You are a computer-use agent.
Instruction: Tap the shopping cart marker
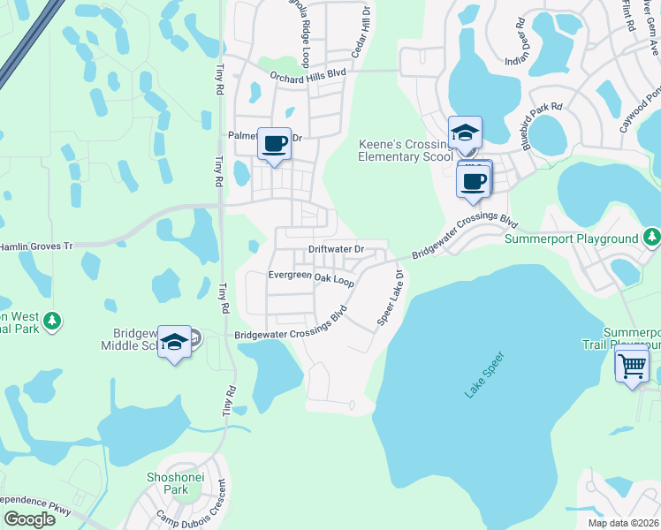632,366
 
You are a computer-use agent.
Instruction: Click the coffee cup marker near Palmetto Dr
274,143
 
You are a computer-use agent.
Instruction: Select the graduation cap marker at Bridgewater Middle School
175,344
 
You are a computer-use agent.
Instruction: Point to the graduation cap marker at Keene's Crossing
465,133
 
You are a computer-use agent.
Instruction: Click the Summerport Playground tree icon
651,237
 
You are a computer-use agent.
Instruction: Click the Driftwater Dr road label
336,249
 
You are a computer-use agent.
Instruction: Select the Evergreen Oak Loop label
311,277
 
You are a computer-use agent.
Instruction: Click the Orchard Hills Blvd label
308,78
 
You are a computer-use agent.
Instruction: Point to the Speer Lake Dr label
391,298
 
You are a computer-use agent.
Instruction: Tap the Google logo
28,519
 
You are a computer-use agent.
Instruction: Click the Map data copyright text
623,523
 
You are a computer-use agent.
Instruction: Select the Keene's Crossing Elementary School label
406,150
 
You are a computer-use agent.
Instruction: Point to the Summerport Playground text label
571,238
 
